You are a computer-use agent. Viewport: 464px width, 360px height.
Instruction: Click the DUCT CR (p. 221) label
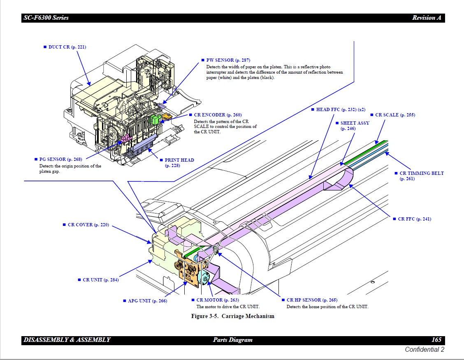pos(67,47)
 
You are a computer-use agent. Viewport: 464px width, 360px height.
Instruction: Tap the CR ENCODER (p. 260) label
pos(218,115)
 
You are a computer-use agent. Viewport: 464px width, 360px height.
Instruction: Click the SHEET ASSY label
pos(355,123)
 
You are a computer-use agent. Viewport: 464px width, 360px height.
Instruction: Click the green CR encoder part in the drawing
pos(155,119)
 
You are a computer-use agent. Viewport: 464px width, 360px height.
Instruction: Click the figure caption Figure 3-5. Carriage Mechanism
pos(232,316)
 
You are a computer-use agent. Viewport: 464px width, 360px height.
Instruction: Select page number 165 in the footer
pos(436,340)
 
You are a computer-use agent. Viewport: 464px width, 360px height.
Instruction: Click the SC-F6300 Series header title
pos(46,18)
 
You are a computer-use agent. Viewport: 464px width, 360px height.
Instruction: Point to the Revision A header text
pos(427,18)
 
